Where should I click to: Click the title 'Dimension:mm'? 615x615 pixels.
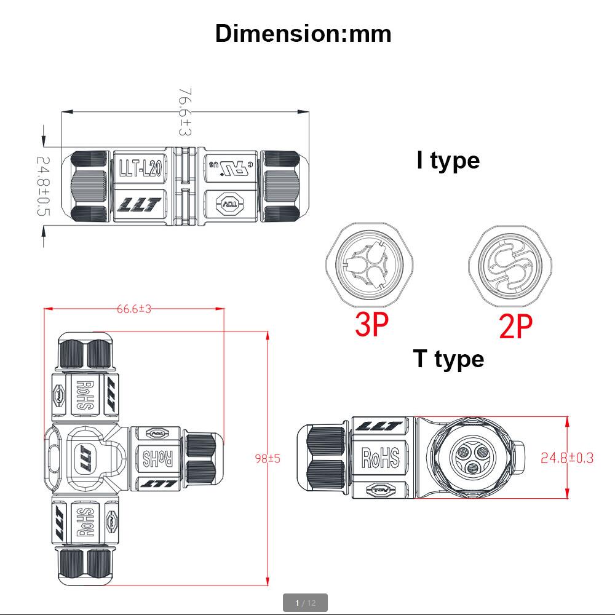[x=303, y=33]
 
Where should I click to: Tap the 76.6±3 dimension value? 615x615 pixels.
[x=185, y=111]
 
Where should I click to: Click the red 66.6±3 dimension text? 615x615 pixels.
[x=134, y=309]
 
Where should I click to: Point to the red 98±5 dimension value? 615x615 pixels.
[x=268, y=458]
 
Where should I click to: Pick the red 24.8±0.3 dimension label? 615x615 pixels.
[x=567, y=458]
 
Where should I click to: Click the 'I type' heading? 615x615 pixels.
[x=448, y=160]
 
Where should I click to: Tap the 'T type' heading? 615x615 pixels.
[x=448, y=359]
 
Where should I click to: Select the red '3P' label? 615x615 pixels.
[x=372, y=324]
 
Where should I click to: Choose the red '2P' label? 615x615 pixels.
[x=515, y=326]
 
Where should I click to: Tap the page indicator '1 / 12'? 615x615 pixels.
[x=305, y=603]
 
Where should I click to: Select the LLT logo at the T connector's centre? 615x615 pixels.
[x=84, y=458]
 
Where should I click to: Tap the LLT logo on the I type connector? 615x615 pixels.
[x=139, y=205]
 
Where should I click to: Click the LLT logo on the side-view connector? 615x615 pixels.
[x=379, y=426]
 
